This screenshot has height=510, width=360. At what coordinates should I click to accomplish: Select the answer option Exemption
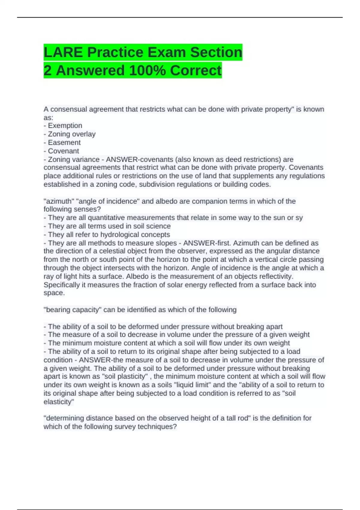pos(65,125)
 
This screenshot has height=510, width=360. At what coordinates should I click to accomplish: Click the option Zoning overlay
pos(72,134)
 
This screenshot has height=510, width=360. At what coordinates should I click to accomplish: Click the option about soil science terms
pos(109,226)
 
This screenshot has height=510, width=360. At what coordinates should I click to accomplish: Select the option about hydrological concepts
pos(109,234)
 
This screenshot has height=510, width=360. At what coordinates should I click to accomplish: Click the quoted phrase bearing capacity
pos(72,310)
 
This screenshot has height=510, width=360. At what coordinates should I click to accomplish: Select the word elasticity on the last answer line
pos(58,402)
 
